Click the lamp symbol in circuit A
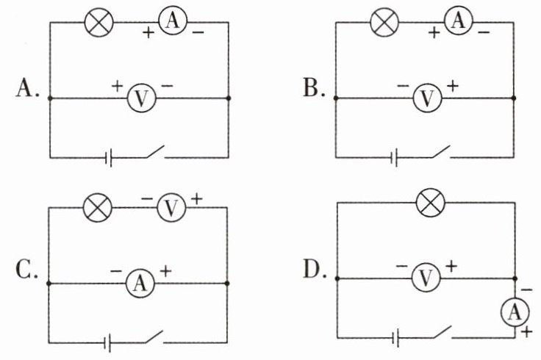click(99, 22)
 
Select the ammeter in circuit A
click(173, 21)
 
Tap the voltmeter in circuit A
click(141, 98)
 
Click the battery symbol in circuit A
click(109, 158)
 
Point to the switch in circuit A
click(155, 152)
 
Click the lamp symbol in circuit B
click(384, 22)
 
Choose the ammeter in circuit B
click(459, 21)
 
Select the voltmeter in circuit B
click(428, 98)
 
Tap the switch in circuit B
click(441, 152)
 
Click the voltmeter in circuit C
click(171, 207)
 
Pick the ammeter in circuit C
click(140, 283)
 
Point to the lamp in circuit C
click(98, 207)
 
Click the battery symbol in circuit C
click(108, 343)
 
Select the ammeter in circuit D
click(515, 312)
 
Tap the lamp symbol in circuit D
click(431, 203)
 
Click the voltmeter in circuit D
click(426, 278)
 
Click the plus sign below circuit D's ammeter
click(526, 332)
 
